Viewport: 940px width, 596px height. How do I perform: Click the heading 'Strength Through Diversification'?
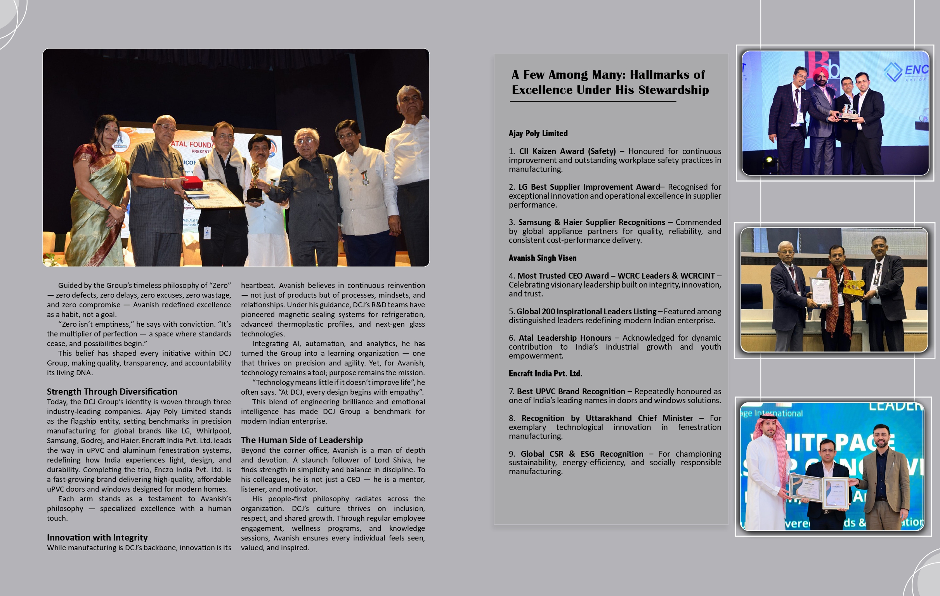click(112, 392)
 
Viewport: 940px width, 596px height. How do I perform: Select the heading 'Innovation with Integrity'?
click(97, 537)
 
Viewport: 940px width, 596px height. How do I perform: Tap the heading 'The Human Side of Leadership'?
click(302, 440)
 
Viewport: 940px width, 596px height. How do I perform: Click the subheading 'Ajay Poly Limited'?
click(538, 133)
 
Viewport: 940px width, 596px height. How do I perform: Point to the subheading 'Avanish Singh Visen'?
click(542, 258)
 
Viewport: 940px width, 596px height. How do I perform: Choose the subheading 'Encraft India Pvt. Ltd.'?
click(545, 374)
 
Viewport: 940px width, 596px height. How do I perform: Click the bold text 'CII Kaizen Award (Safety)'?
click(567, 151)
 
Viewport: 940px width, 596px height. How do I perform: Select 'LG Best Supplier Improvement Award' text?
click(589, 187)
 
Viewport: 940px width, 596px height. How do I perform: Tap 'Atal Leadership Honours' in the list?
click(564, 338)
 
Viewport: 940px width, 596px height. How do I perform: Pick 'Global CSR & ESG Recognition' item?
click(582, 454)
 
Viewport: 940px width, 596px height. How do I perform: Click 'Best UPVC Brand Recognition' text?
click(571, 392)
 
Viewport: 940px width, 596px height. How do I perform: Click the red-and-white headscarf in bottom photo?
click(764, 437)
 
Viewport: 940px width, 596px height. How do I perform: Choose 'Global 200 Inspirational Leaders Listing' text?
click(586, 312)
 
